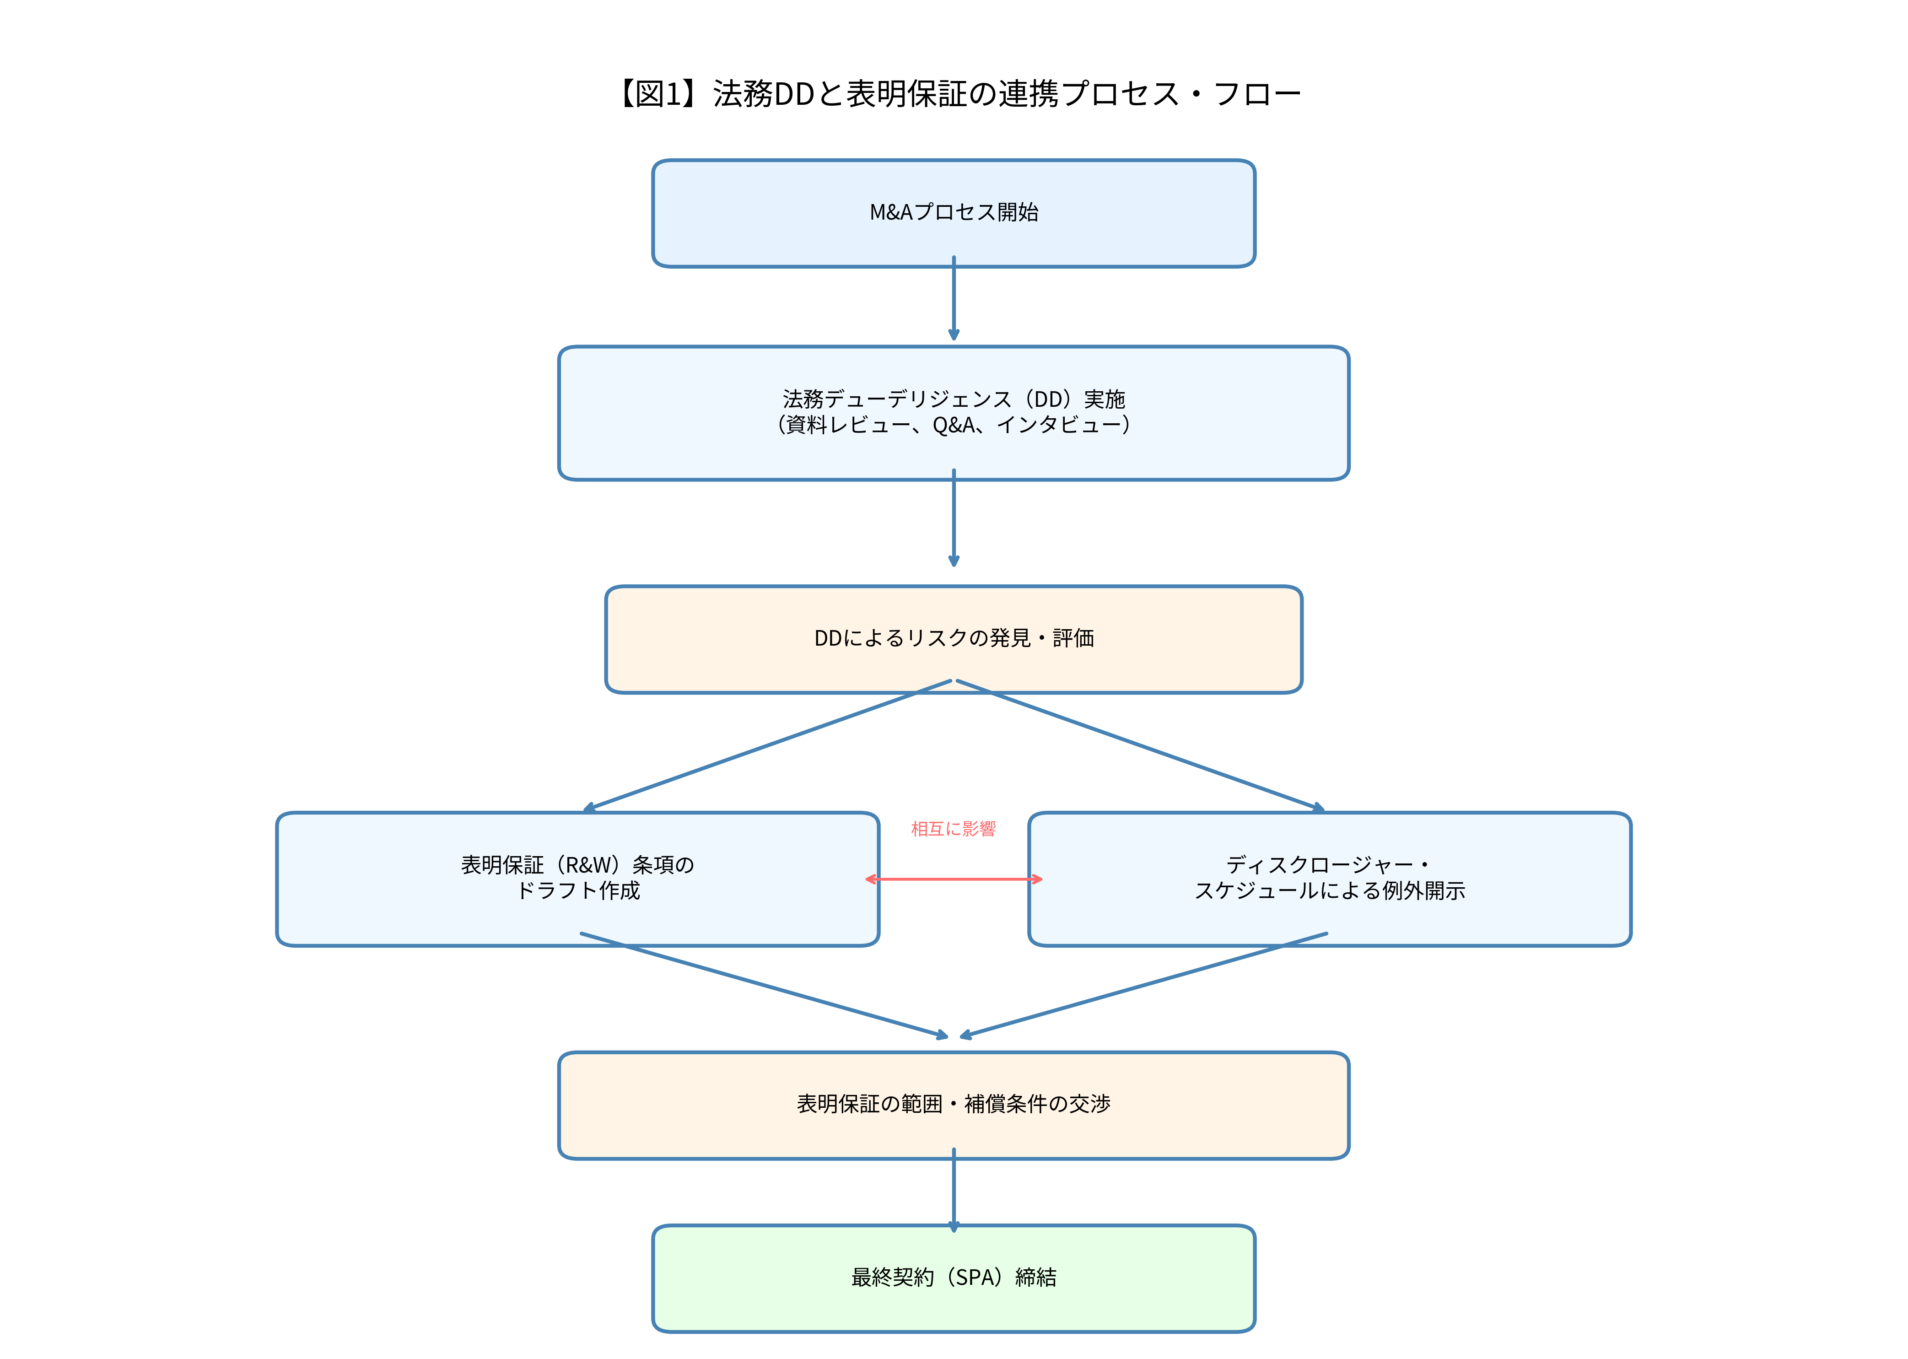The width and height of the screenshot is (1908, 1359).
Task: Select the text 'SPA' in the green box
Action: [975, 1278]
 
